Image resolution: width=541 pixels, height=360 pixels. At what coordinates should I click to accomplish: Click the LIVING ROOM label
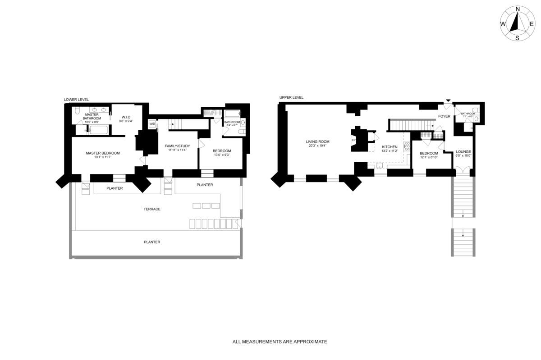317,141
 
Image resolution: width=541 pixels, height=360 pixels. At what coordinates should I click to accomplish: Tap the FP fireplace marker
353,140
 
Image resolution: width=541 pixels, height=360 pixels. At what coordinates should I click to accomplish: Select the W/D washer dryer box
152,123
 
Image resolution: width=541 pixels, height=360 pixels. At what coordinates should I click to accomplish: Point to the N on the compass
518,9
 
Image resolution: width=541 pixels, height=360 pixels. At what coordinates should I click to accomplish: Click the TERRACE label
152,209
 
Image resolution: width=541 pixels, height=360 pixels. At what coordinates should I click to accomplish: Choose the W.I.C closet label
125,117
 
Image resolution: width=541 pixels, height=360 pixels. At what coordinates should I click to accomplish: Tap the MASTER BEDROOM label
103,153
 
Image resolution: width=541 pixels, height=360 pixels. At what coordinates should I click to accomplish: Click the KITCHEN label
390,147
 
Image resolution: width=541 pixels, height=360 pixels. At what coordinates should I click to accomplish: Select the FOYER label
444,116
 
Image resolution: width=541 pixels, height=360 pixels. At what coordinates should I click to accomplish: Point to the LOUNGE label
463,151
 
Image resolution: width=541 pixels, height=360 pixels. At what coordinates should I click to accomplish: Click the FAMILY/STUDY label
177,146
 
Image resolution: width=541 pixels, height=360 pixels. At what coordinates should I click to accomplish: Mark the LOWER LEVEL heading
76,100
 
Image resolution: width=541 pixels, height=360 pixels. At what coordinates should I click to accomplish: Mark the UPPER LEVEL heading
291,97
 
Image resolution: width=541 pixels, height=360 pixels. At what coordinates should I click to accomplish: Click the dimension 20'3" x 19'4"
317,146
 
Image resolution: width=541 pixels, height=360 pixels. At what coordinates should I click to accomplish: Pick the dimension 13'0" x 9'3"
222,155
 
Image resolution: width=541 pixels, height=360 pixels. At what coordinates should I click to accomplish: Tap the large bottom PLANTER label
152,242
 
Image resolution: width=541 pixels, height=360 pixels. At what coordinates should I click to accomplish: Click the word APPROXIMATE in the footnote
310,342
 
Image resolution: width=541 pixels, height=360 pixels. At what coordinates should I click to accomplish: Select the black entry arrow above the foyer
448,100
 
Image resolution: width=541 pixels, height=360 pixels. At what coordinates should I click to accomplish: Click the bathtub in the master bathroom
98,130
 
